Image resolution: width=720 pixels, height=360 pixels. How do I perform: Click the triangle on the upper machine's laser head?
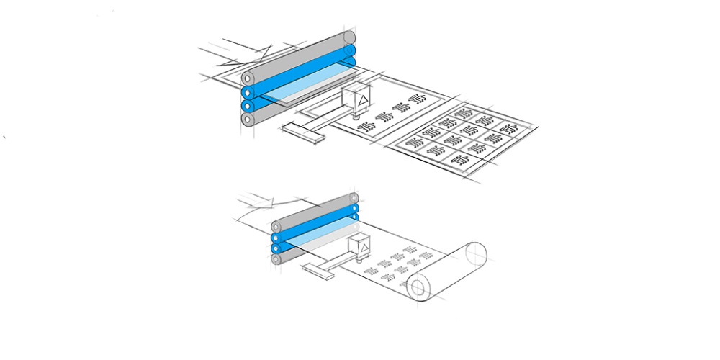coord(364,99)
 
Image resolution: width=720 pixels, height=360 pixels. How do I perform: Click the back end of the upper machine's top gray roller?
coord(350,37)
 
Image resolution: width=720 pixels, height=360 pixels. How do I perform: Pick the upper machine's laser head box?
coord(358,98)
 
